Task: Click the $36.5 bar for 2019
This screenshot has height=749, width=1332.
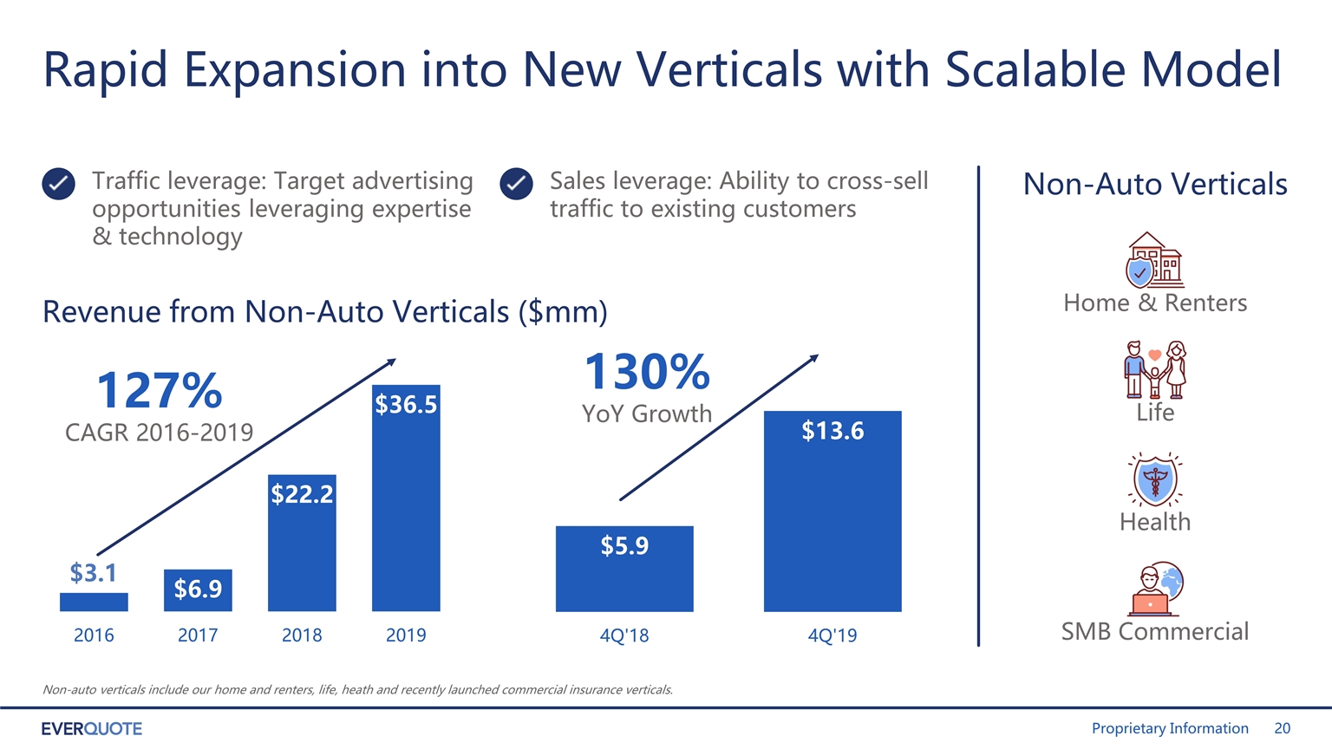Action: [406, 498]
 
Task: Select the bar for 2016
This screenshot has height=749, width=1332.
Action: [94, 602]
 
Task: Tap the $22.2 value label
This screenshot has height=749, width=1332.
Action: [302, 494]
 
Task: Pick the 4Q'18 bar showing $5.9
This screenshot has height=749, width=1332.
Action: [624, 569]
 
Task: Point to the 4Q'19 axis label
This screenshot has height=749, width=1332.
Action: [832, 635]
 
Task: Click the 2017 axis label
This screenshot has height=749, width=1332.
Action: [198, 635]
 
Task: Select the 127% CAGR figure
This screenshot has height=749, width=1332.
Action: [159, 391]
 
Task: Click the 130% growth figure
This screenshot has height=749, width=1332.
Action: [647, 372]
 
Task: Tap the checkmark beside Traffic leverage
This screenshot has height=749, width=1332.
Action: [58, 184]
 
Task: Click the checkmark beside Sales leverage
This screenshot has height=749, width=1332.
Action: [516, 184]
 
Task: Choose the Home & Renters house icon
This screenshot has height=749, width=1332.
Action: [1154, 260]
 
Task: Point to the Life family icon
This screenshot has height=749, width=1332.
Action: [1155, 370]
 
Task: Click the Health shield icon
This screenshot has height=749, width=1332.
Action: [1155, 479]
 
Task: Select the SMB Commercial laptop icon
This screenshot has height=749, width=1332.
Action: [1155, 589]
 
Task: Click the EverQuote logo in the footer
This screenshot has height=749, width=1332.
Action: [92, 729]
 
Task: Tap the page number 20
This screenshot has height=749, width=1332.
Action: [1282, 729]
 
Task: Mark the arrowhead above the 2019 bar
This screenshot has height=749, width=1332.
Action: [391, 361]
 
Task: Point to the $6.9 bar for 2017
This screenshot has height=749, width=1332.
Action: [198, 590]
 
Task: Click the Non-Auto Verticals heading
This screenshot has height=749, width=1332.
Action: [1155, 184]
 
